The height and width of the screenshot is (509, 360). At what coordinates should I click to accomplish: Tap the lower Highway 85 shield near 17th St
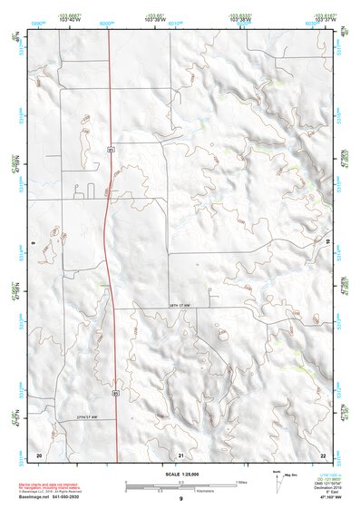[115, 393]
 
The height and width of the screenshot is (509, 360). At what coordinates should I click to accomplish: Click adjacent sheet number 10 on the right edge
[327, 243]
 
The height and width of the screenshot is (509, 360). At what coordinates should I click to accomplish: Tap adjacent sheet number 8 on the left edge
[33, 243]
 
